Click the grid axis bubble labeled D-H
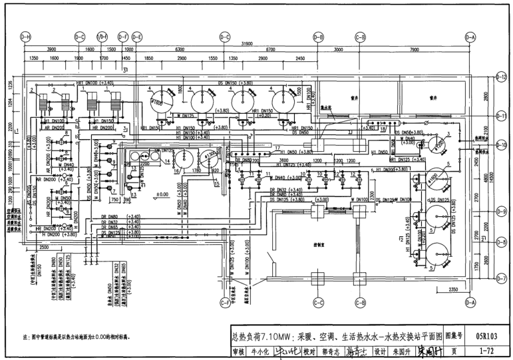[26, 37]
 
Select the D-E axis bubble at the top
[136, 37]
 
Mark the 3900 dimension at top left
[51, 50]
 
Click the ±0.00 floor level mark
[161, 195]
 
